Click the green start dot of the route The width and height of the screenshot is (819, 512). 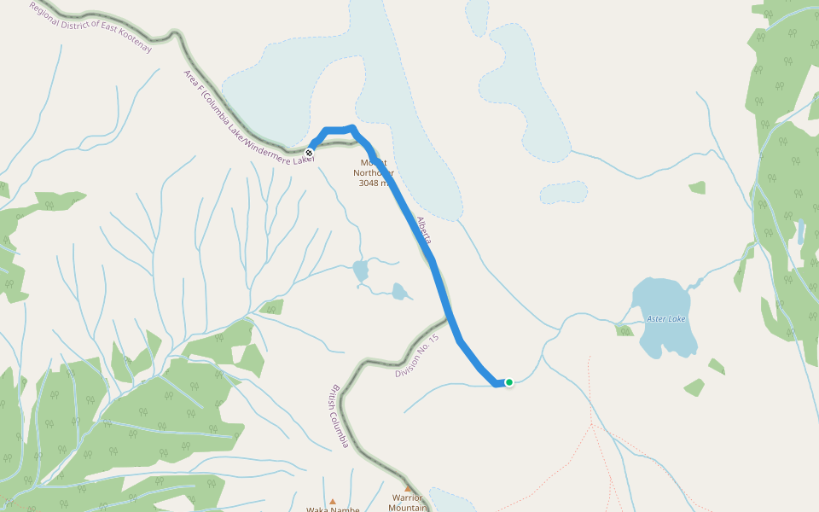point(509,382)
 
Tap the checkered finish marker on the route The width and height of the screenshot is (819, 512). point(309,153)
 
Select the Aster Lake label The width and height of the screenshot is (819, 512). point(665,319)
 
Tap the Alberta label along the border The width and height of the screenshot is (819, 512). point(424,230)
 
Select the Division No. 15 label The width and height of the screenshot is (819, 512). point(417,356)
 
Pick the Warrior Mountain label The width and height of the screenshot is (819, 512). point(407,503)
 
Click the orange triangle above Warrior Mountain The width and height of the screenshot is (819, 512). point(408,488)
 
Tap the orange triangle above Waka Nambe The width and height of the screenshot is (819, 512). point(333,502)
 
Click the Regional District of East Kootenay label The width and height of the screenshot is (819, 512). point(90,26)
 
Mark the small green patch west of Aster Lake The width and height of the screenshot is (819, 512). point(625,329)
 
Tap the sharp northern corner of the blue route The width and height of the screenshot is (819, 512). point(352,128)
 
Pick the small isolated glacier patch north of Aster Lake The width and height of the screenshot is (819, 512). point(563,192)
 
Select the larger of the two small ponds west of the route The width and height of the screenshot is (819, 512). point(361,271)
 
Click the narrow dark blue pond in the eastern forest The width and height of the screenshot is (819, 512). point(801,231)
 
